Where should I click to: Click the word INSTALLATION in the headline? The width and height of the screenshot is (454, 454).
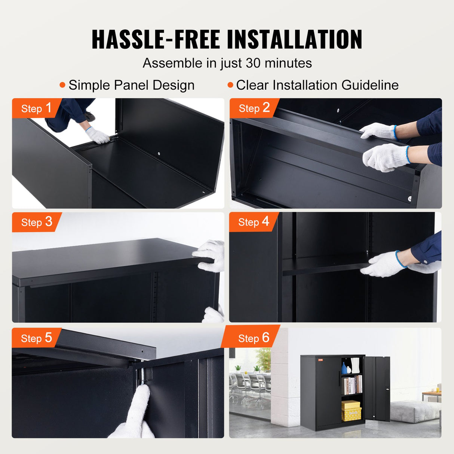click(294, 39)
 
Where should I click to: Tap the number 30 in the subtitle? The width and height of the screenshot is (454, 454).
click(253, 63)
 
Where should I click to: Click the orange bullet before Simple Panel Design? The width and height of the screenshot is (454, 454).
click(62, 85)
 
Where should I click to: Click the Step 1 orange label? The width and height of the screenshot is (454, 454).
click(36, 108)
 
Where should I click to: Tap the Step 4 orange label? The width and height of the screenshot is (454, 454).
click(254, 222)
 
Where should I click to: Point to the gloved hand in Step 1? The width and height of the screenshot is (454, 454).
click(98, 136)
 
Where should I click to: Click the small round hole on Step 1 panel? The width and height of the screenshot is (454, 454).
click(159, 153)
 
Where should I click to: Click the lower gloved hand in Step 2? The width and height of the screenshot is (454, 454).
click(384, 157)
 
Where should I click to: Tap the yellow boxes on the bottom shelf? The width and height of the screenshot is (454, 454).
click(351, 410)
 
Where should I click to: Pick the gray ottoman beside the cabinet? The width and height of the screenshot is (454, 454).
click(414, 412)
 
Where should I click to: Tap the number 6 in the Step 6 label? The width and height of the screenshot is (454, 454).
click(266, 338)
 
